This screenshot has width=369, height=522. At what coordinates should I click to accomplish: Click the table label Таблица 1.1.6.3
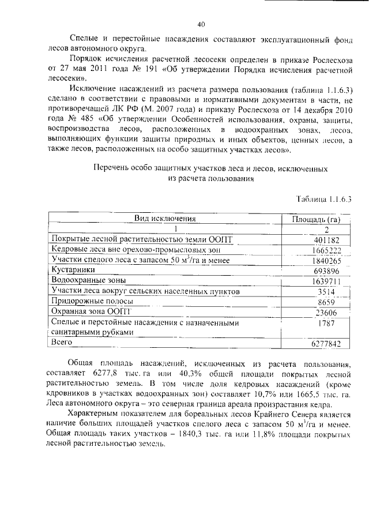pos(323,199)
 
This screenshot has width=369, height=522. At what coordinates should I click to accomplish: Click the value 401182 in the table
pos(314,240)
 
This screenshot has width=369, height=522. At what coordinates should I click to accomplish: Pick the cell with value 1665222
pos(314,250)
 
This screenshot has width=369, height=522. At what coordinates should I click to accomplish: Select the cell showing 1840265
pos(314,261)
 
